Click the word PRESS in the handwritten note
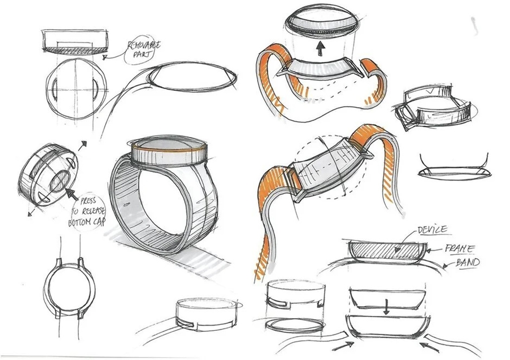[89, 201]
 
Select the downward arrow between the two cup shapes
[387, 306]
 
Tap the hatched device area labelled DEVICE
[387, 249]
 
